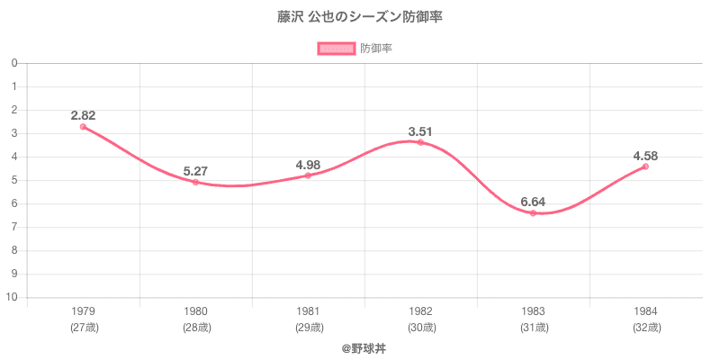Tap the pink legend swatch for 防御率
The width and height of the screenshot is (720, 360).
tap(335, 49)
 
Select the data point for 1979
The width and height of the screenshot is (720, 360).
tap(83, 127)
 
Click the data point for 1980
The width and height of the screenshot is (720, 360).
tap(195, 183)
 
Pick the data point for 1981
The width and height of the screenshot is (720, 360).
tap(308, 175)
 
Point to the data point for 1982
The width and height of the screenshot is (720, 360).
tap(420, 142)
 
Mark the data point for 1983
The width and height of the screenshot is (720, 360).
tap(533, 213)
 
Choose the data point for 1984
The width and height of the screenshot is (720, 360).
tap(645, 166)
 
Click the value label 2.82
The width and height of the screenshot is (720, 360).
tap(83, 114)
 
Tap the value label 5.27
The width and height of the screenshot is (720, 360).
tap(195, 171)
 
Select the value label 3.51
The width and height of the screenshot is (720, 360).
tap(420, 131)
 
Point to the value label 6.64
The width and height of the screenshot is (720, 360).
tap(533, 202)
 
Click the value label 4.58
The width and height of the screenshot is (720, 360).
tap(645, 155)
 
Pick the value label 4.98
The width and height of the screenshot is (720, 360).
tap(308, 165)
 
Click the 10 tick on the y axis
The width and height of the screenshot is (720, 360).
tap(13, 298)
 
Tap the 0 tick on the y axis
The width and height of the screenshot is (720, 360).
tap(15, 64)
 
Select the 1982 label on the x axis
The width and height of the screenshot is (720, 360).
tap(420, 311)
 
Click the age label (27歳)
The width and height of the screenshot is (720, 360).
tap(84, 327)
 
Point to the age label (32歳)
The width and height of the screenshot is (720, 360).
tap(645, 327)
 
